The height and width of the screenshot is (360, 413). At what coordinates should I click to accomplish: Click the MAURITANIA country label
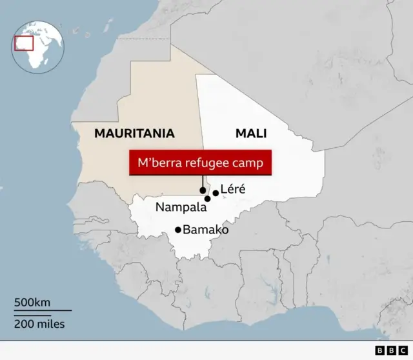pyautogui.click(x=134, y=134)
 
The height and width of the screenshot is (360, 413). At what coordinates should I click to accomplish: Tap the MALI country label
pyautogui.click(x=251, y=134)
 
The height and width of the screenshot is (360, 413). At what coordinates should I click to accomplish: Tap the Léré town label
pyautogui.click(x=233, y=189)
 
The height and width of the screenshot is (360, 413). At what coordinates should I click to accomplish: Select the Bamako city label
pyautogui.click(x=206, y=229)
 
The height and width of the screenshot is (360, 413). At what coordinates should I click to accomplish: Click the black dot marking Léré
pyautogui.click(x=216, y=192)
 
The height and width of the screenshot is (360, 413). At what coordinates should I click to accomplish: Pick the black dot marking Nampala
pyautogui.click(x=207, y=199)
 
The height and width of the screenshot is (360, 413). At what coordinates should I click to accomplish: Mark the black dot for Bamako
pyautogui.click(x=178, y=229)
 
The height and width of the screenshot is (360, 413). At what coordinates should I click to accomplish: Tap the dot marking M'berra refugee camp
pyautogui.click(x=203, y=190)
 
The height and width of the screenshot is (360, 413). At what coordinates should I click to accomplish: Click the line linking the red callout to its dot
pyautogui.click(x=203, y=181)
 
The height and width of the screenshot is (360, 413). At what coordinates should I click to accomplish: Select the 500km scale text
pyautogui.click(x=33, y=303)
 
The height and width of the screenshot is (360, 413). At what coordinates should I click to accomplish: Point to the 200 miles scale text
pyautogui.click(x=39, y=324)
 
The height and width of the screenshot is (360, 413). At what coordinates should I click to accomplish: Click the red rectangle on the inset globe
pyautogui.click(x=24, y=42)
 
